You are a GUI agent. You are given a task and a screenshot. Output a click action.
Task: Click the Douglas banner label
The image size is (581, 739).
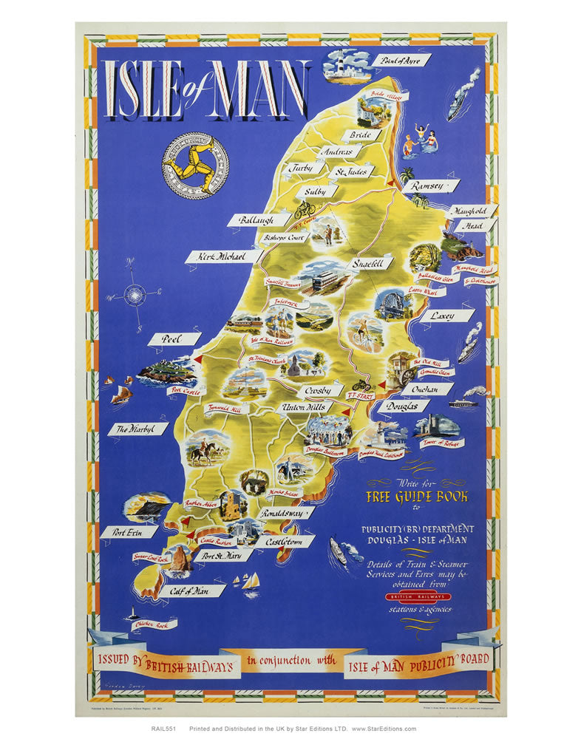point(404,406)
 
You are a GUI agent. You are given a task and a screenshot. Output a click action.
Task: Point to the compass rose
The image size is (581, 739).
point(135,295)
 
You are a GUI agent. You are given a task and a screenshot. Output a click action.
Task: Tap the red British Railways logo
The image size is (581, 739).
point(415,596)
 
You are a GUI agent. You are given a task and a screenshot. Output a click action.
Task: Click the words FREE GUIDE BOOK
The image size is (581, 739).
point(416,496)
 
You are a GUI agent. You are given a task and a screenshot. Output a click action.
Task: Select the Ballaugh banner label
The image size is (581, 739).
point(256,219)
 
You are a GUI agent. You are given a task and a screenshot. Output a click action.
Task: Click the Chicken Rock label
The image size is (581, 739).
point(154,625)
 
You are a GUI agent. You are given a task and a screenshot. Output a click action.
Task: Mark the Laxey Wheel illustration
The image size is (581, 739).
point(393,304)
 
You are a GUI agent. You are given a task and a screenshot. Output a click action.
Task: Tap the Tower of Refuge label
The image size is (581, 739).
point(441,443)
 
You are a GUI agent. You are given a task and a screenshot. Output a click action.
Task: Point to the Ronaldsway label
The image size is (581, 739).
point(285,512)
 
